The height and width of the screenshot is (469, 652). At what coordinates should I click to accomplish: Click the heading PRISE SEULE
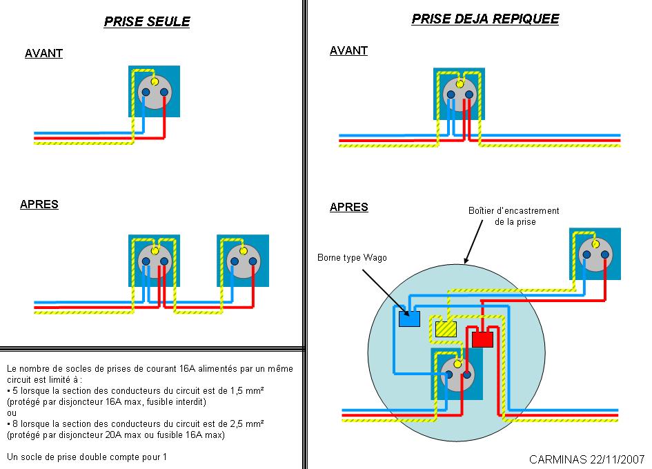click(x=147, y=21)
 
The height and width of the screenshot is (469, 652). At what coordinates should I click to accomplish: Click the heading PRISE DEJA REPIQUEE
click(x=485, y=19)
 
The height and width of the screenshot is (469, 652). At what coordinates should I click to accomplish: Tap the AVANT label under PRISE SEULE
click(x=43, y=53)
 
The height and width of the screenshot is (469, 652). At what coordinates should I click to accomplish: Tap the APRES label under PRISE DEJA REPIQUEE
click(x=349, y=207)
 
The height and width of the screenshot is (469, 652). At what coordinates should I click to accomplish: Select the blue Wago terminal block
click(x=409, y=319)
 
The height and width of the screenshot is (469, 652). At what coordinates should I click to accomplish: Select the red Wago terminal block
click(x=482, y=339)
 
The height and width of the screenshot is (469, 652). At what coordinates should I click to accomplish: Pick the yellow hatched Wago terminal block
click(x=446, y=329)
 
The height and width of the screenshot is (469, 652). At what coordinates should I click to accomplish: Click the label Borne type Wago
click(x=352, y=258)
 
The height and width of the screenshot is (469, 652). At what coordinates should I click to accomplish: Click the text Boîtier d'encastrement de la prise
click(x=514, y=216)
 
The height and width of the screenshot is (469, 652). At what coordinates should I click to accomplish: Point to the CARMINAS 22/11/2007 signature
click(x=586, y=459)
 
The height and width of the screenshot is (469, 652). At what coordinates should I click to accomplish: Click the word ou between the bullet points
click(x=12, y=413)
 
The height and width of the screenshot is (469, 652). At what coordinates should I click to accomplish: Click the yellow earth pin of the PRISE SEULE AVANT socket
click(x=155, y=81)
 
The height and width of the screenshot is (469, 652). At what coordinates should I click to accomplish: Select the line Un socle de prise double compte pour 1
click(x=87, y=457)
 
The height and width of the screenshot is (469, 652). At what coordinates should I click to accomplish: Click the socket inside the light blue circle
click(x=457, y=375)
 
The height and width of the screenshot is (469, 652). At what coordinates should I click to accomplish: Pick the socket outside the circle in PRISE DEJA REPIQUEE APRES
click(x=595, y=254)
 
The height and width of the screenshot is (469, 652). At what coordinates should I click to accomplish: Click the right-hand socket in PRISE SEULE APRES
click(x=243, y=261)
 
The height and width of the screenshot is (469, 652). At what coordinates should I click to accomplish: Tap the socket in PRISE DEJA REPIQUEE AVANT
click(x=459, y=94)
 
